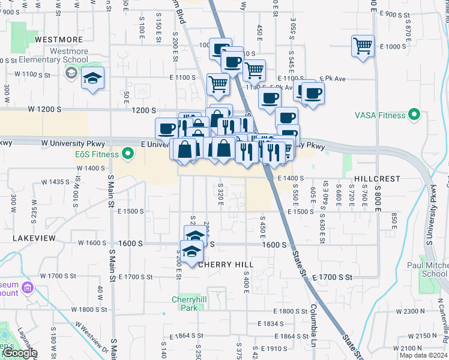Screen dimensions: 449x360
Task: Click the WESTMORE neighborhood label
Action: pos(58,40)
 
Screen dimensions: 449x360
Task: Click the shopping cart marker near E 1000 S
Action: pos(363,46)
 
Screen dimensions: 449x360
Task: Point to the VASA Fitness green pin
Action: pos(414,114)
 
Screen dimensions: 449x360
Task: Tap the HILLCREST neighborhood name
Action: pos(376,179)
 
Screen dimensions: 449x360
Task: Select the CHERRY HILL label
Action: pos(226,264)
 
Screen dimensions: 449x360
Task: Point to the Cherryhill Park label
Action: pos(193,299)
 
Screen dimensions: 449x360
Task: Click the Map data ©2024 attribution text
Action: pos(424,356)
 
